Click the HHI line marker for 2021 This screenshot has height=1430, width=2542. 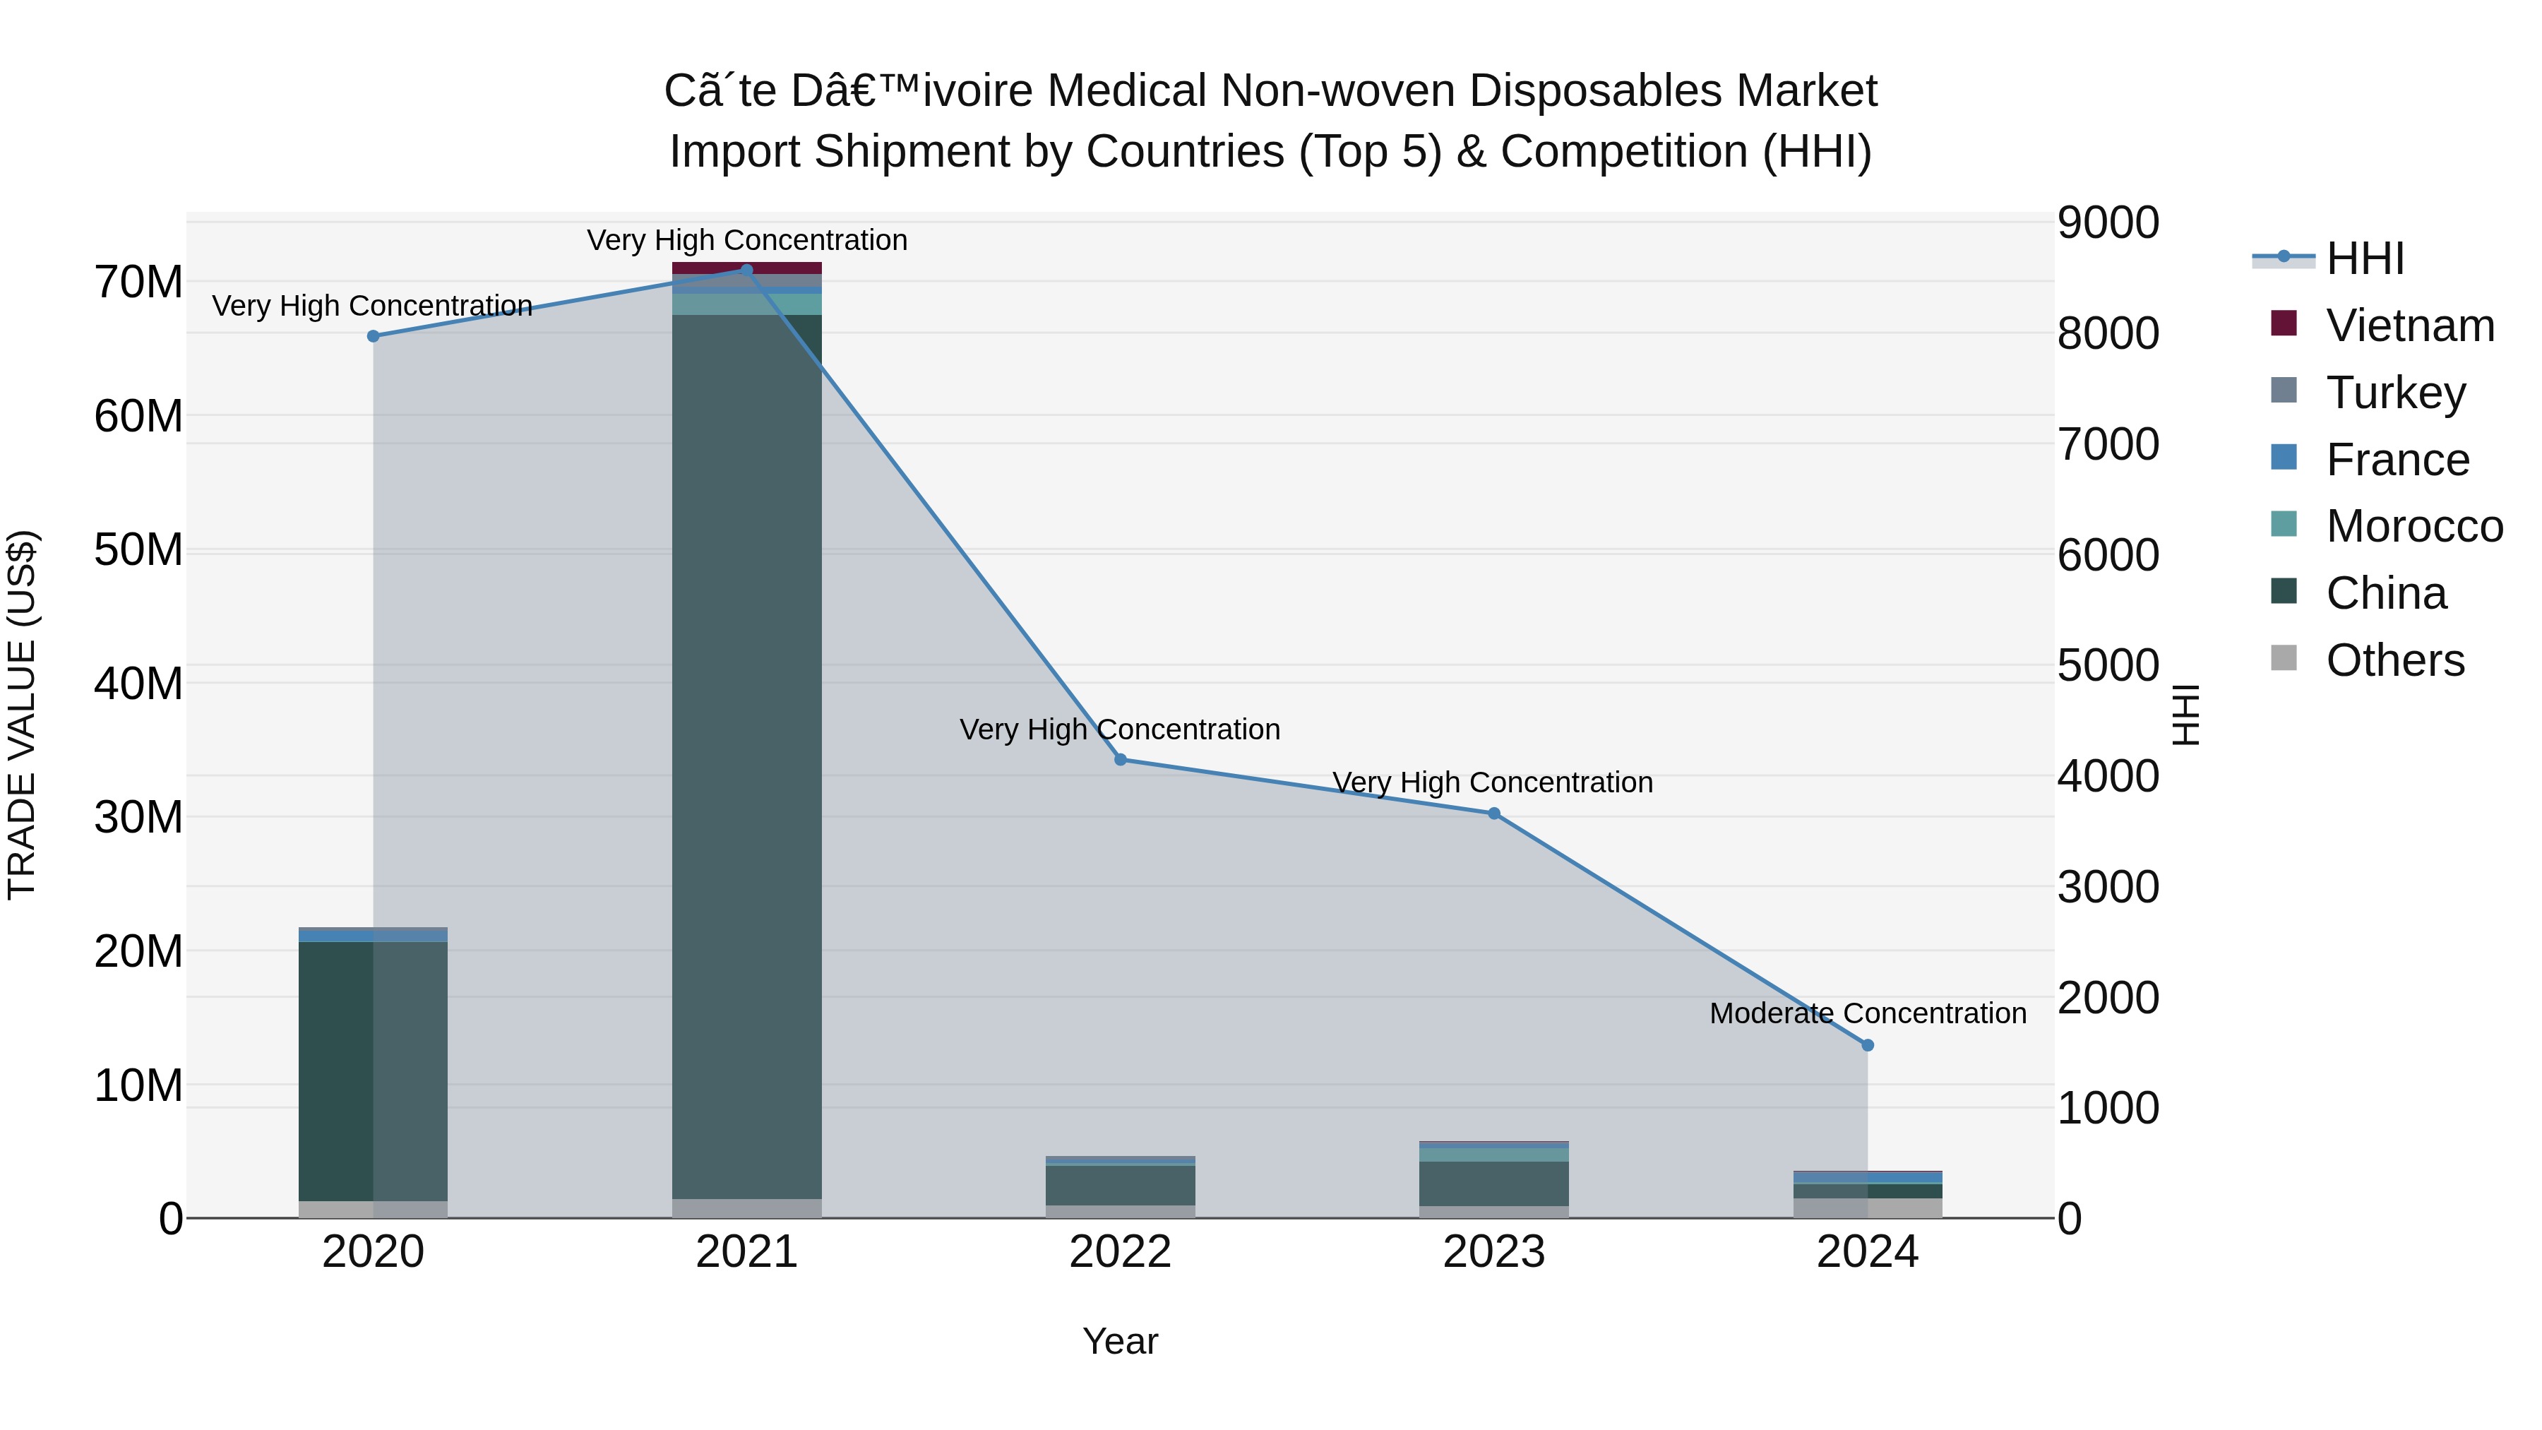746,270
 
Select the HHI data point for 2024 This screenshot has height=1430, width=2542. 1867,1045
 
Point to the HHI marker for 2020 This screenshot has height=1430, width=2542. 373,335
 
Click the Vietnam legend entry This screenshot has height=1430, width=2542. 2409,326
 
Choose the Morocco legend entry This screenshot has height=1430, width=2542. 2413,526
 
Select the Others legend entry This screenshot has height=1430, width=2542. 2394,660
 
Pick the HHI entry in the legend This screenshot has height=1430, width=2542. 2364,258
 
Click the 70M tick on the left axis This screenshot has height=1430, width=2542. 138,282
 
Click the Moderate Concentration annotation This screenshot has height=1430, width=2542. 1867,1013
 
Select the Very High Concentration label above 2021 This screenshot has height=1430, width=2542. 747,240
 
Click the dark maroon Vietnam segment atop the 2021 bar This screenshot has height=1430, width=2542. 747,268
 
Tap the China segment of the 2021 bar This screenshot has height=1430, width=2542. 747,750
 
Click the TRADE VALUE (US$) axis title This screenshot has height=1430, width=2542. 22,715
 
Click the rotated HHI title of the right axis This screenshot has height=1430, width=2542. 2185,715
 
